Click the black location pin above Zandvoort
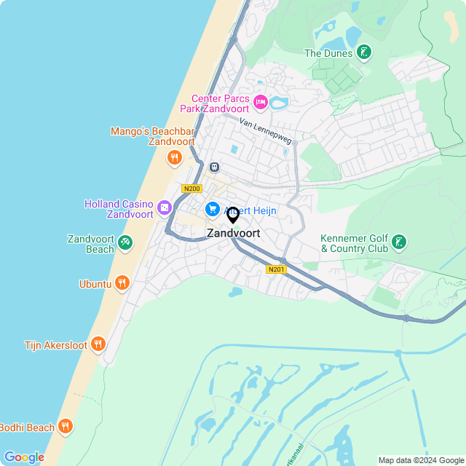[233, 215]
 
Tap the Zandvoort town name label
[233, 234]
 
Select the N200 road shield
[191, 189]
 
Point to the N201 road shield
[276, 269]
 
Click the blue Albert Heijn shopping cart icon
[212, 209]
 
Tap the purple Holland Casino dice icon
[165, 209]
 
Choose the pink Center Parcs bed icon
[260, 102]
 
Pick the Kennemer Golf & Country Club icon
[399, 242]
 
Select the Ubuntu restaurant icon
[122, 283]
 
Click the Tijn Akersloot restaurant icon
[98, 344]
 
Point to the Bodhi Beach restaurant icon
[66, 427]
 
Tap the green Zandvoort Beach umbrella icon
[125, 242]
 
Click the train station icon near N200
[213, 167]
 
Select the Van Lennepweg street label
[266, 131]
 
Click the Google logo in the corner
[24, 457]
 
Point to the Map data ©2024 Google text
[421, 460]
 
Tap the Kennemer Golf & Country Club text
[354, 243]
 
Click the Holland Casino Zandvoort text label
[119, 209]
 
